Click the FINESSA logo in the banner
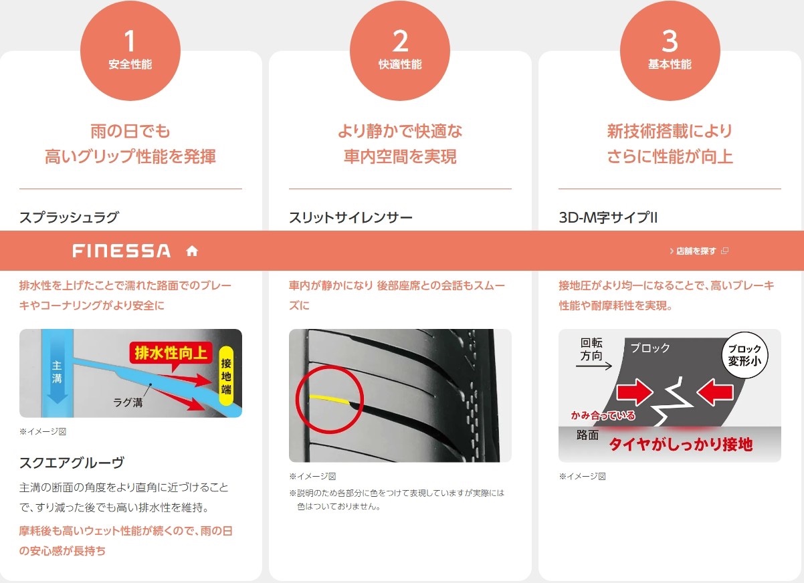coord(121,251)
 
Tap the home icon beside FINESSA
coord(192,251)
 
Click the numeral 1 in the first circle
coord(130,41)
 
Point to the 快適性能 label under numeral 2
coord(400,65)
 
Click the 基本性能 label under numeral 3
coord(670,65)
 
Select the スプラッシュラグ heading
coord(69,217)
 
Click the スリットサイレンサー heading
coord(350,217)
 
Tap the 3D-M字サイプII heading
coord(608,217)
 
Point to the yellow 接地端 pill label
coord(226,376)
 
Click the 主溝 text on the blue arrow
coord(57,372)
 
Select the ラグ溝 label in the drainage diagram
coord(128,402)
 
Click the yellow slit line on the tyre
coord(329,399)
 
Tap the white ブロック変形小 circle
coord(744,355)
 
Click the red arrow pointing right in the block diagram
coord(635,392)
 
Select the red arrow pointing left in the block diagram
coord(715,392)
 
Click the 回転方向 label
coord(591,350)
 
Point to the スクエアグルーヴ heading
coord(72,463)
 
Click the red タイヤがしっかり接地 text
coord(681,445)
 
